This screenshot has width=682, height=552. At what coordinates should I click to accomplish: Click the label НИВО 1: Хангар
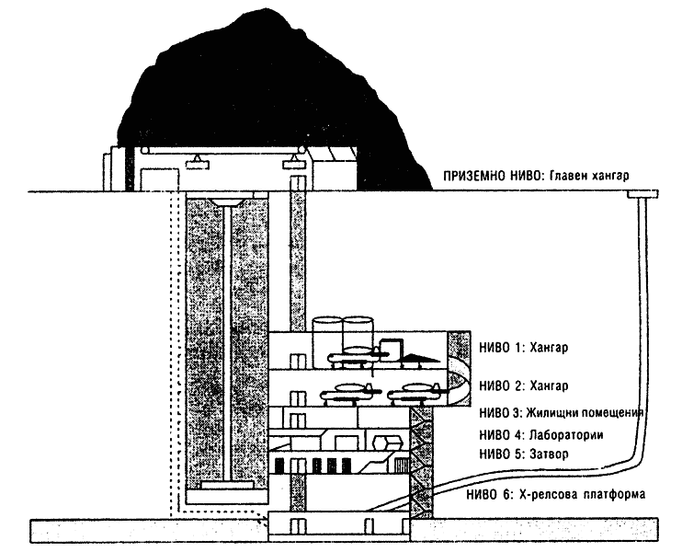[524, 348]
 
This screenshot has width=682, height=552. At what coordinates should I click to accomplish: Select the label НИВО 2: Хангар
[524, 385]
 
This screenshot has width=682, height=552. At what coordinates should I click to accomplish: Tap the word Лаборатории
[566, 435]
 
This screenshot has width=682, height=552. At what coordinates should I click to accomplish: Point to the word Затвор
[549, 454]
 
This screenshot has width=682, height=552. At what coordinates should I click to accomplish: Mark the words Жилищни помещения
[585, 413]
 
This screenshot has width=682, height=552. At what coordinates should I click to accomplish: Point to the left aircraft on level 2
[349, 392]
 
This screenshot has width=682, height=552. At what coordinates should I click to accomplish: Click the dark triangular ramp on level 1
[418, 358]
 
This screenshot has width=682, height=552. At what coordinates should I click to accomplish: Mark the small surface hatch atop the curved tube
[642, 194]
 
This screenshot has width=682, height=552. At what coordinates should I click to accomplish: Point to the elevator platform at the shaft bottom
[227, 485]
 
